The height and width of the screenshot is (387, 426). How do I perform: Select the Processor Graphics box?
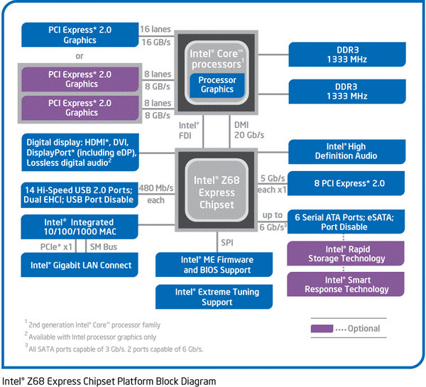coord(217,85)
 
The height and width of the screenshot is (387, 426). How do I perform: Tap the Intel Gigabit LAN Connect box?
coord(80,265)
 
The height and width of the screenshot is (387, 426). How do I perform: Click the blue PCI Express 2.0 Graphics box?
coord(82,36)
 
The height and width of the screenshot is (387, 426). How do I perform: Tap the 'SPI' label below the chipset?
coord(226,242)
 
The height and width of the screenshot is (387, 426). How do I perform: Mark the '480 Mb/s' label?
coord(155,188)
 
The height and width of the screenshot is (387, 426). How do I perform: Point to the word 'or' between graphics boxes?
coord(80,55)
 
